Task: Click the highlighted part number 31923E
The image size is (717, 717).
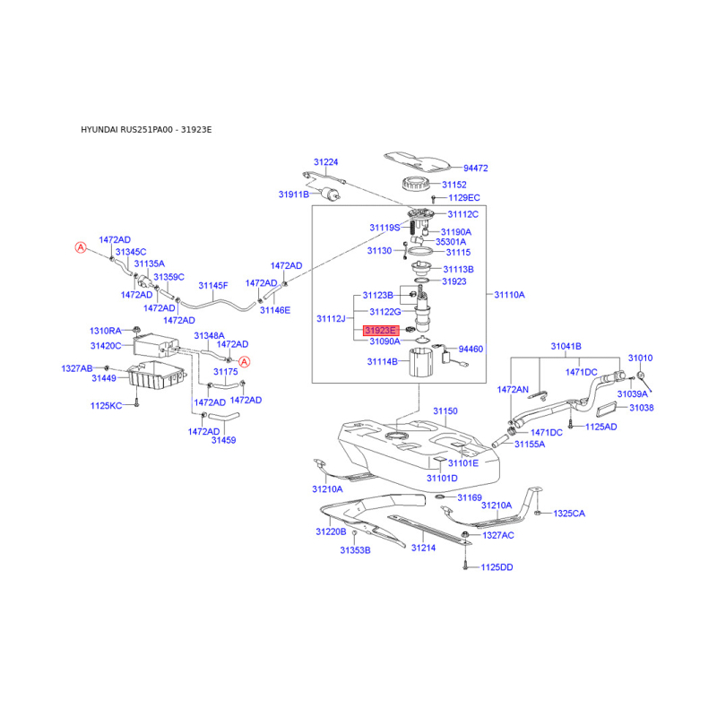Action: [x=379, y=331]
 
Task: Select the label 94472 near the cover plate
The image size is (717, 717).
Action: [x=475, y=168]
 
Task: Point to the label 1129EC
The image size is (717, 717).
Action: [x=464, y=197]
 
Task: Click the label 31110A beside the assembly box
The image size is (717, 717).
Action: [x=509, y=294]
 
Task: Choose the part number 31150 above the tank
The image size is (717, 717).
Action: [x=445, y=411]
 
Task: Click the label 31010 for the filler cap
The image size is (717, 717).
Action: [x=641, y=358]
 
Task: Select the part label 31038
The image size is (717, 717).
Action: [x=642, y=408]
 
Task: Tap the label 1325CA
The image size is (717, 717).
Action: [x=568, y=514]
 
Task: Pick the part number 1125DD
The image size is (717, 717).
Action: [x=496, y=567]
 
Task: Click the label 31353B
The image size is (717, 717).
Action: [x=354, y=549]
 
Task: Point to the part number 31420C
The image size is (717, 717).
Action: [x=105, y=345]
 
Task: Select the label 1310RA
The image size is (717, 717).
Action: [x=105, y=330]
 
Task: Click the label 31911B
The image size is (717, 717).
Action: [x=293, y=194]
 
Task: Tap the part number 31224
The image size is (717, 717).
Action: [x=325, y=162]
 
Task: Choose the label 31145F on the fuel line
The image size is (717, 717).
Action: [x=213, y=286]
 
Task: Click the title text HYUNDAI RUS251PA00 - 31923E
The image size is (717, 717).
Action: [x=147, y=130]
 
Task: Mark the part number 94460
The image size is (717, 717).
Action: [x=471, y=349]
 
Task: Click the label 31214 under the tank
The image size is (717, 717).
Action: [x=422, y=548]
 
